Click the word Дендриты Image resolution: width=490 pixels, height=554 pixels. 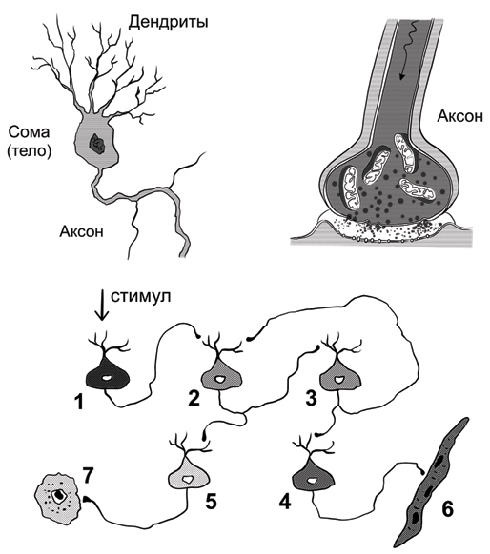click(168, 22)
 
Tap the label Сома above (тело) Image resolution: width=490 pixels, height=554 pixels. click(29, 132)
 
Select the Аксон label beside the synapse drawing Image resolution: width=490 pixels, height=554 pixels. click(459, 116)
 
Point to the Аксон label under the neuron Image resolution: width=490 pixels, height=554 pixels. click(82, 231)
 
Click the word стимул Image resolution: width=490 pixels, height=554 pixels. click(141, 296)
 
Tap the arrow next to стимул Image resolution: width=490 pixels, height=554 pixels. click(102, 305)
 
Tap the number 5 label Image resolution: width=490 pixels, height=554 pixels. click(212, 501)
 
